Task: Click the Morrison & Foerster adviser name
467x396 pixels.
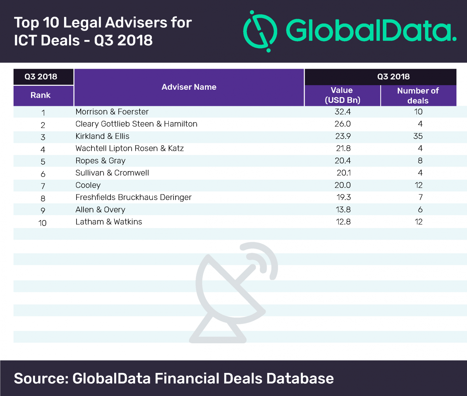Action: [112, 112]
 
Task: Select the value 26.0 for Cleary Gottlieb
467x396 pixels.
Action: [343, 124]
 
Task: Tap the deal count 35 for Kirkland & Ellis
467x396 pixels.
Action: [418, 136]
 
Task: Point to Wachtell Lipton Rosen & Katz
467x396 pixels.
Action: [129, 148]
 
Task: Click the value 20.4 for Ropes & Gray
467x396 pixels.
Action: [343, 161]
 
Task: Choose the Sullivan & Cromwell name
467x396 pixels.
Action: [112, 173]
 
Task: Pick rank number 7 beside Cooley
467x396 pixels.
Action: [43, 186]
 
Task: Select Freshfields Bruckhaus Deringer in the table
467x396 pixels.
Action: [133, 197]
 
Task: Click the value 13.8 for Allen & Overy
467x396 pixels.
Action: [343, 210]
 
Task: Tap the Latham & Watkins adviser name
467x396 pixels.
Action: [109, 222]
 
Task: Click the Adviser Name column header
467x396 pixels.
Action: [189, 87]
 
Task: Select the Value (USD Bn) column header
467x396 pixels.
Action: [342, 95]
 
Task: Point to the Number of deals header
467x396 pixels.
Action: [418, 95]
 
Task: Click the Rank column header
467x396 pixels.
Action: [40, 95]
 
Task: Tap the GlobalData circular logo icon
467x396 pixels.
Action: [260, 31]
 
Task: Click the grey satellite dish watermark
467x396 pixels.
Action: [233, 294]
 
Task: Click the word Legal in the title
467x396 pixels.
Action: [82, 23]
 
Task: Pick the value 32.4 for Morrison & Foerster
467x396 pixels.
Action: [343, 112]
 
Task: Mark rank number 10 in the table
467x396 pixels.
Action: [42, 223]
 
